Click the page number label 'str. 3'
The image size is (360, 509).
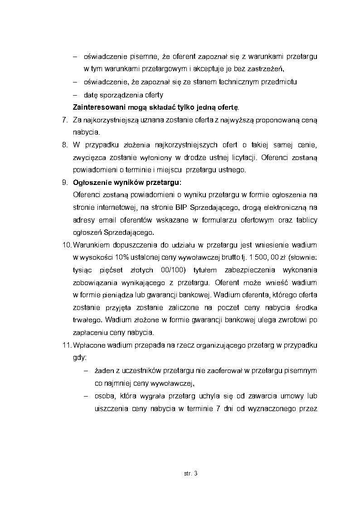(x=191, y=474)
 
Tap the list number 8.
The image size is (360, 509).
(x=64, y=145)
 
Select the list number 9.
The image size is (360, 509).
(x=64, y=183)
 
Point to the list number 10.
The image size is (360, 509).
(x=66, y=245)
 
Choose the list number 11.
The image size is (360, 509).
(x=66, y=345)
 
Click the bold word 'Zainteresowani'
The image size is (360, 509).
(x=97, y=107)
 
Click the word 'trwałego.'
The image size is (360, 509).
(x=87, y=320)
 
